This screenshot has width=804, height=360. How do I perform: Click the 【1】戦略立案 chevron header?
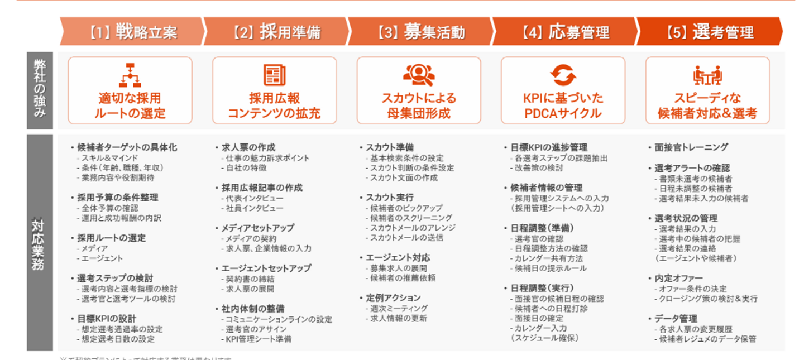click(132, 32)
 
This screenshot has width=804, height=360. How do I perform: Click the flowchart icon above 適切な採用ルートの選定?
click(130, 75)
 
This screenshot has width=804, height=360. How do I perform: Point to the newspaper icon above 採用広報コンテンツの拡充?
click(274, 75)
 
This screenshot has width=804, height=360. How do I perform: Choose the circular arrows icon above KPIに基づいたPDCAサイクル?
click(563, 75)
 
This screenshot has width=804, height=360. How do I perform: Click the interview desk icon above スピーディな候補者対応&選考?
click(707, 75)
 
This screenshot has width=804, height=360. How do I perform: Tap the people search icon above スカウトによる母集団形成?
click(419, 75)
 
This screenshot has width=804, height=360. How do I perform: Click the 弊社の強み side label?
click(39, 91)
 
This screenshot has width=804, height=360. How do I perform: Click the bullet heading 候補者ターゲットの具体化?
click(127, 148)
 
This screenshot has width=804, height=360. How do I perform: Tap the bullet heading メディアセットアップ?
click(257, 228)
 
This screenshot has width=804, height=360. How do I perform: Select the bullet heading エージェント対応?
click(398, 258)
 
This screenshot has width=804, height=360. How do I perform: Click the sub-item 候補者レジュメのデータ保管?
click(707, 339)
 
